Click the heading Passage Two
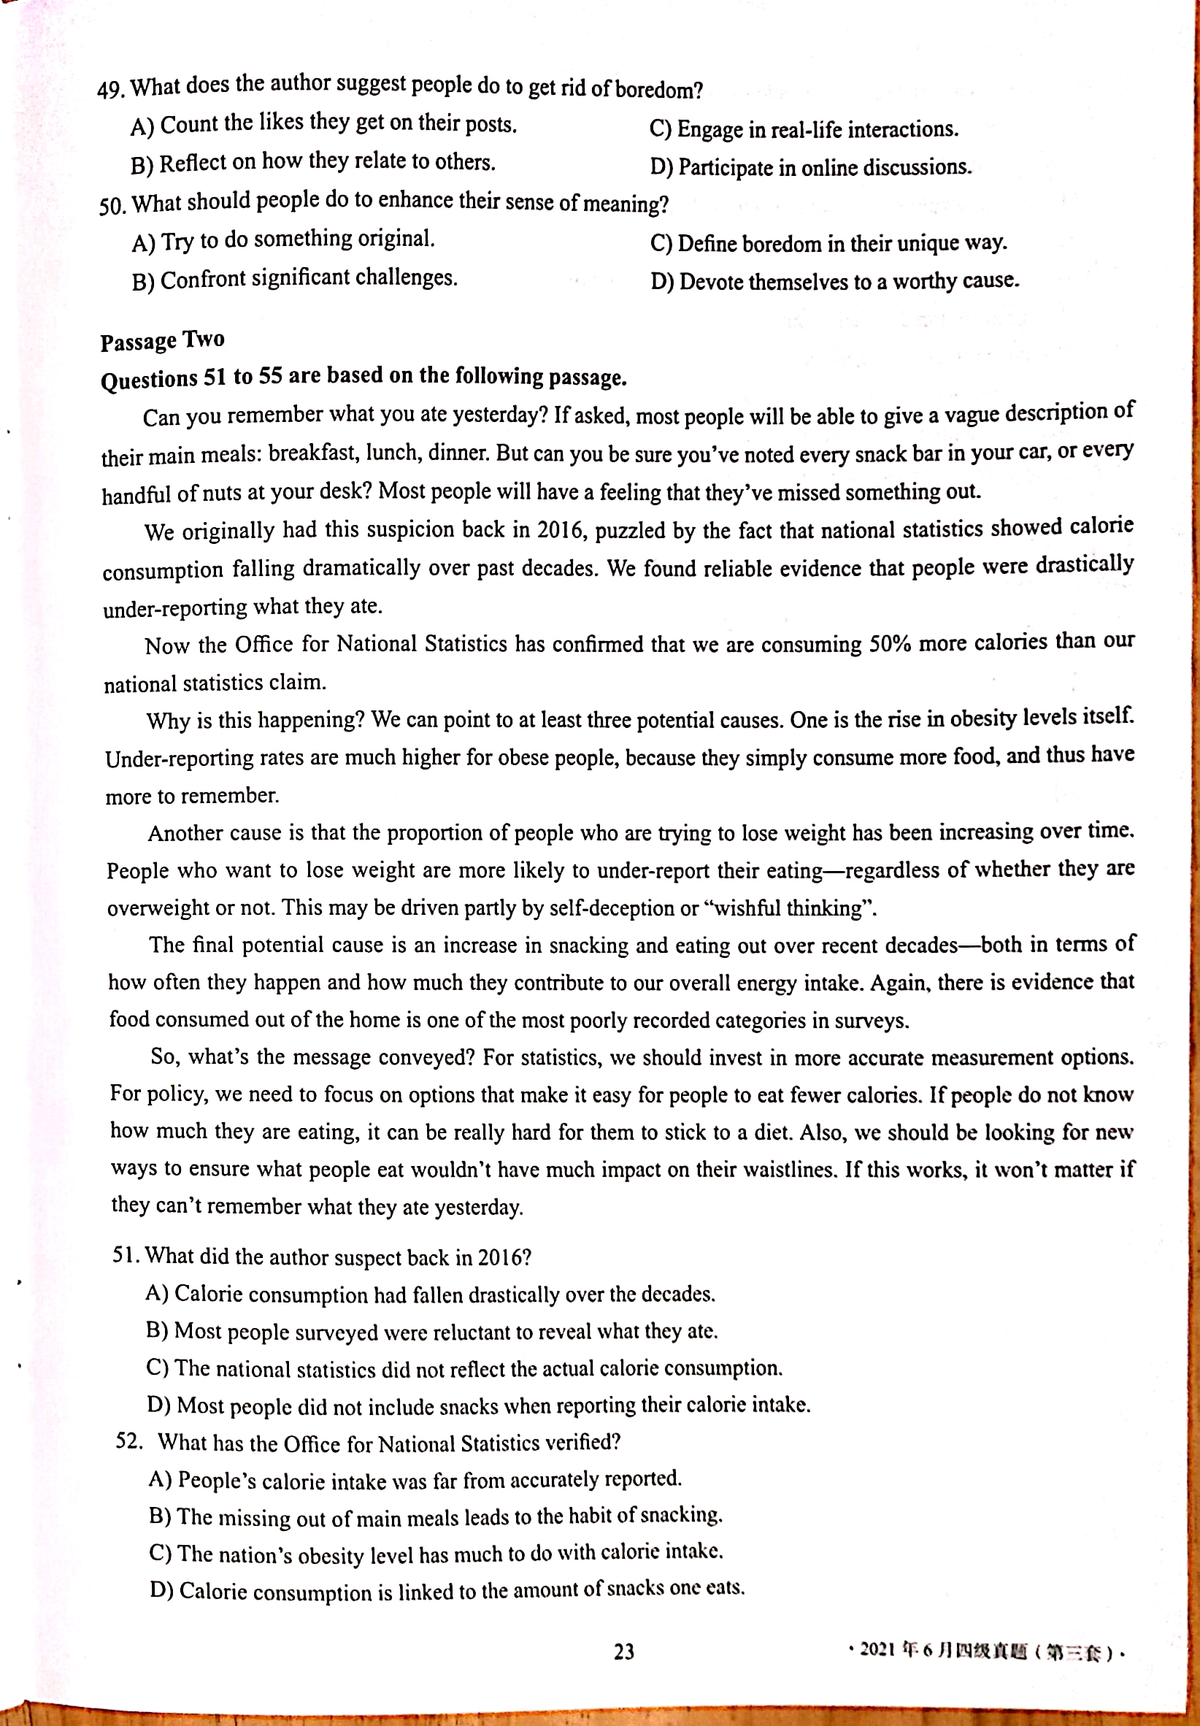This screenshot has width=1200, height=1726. coord(162,340)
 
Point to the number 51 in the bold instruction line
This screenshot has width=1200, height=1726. coord(215,377)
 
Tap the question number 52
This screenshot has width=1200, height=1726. coord(128,1441)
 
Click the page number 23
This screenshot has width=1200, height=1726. coord(623,1652)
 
